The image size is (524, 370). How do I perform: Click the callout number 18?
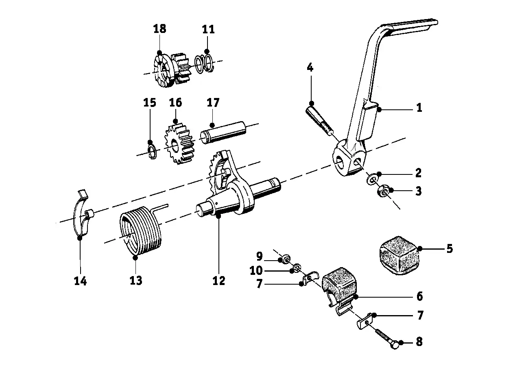pyautogui.click(x=159, y=29)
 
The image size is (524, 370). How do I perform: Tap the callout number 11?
pyautogui.click(x=208, y=30)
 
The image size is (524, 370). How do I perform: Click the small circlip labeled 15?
pyautogui.click(x=152, y=151)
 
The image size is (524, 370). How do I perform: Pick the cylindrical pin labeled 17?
pyautogui.click(x=224, y=131)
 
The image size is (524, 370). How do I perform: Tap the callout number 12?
pyautogui.click(x=218, y=281)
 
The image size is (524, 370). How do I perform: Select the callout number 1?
pyautogui.click(x=419, y=108)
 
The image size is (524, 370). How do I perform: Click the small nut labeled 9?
pyautogui.click(x=286, y=259)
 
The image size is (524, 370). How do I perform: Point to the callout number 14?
pyautogui.click(x=80, y=281)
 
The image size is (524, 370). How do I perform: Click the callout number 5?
pyautogui.click(x=449, y=248)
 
